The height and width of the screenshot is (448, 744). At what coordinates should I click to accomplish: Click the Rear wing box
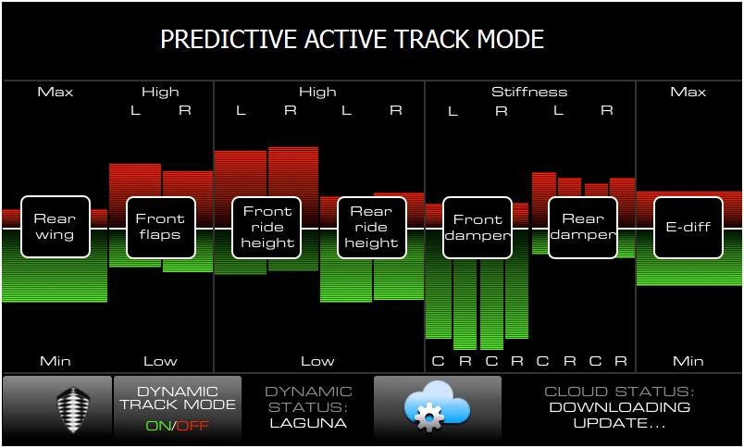(x=56, y=227)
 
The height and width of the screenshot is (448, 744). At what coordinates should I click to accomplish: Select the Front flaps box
(x=161, y=228)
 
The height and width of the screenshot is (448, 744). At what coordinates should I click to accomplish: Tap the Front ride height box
(x=267, y=228)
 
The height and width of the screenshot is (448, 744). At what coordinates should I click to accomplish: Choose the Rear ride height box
(x=372, y=228)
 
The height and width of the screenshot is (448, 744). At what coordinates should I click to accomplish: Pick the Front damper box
(x=477, y=228)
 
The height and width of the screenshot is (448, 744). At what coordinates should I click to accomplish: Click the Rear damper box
(x=583, y=228)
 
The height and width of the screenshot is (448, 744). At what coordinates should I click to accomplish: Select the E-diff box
(x=688, y=228)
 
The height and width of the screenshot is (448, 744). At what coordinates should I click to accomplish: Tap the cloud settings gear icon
(x=429, y=417)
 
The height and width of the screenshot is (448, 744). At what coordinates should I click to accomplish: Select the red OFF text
(x=192, y=425)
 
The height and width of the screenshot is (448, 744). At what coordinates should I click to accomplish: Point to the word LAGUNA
(x=308, y=423)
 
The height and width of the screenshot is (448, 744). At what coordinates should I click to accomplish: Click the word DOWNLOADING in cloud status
(x=620, y=407)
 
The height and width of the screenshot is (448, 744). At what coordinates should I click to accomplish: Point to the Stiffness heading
(x=529, y=92)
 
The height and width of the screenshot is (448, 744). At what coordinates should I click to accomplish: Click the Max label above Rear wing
(x=56, y=92)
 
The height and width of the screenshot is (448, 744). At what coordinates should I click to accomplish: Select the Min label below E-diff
(x=688, y=361)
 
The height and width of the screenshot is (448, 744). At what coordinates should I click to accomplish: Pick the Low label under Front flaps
(x=160, y=361)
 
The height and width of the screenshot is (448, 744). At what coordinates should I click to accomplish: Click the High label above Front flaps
(x=160, y=92)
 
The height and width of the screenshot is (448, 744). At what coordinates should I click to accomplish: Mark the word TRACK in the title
(x=433, y=40)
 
